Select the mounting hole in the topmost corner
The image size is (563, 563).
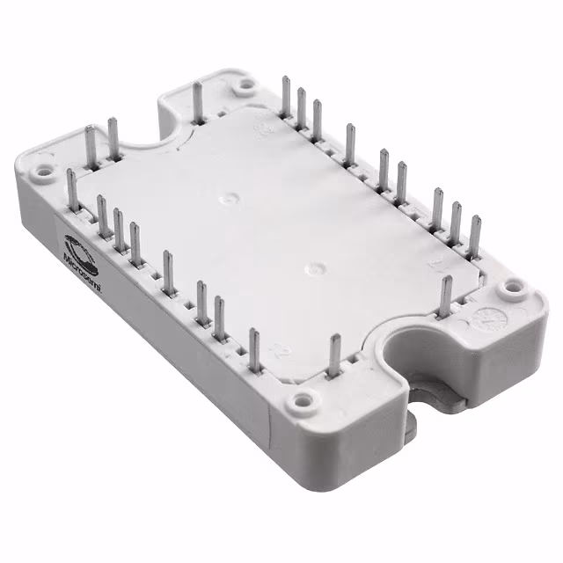click(x=246, y=84)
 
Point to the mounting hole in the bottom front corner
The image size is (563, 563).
click(x=303, y=402)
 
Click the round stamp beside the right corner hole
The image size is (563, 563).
click(x=481, y=318)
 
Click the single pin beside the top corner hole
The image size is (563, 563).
click(x=199, y=100)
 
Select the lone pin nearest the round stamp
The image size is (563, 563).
click(x=446, y=295)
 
